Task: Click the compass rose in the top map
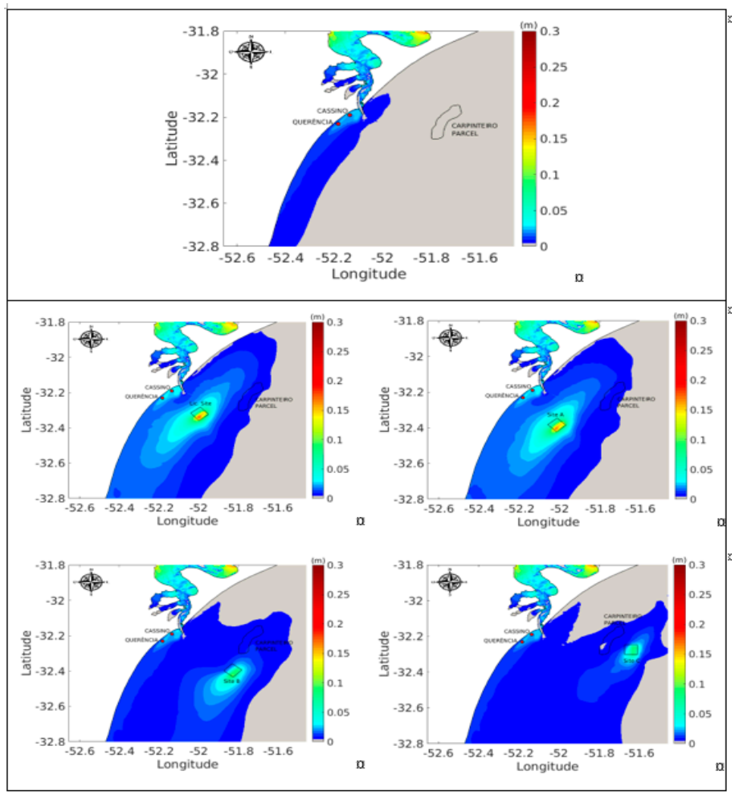point(252,51)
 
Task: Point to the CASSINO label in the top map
point(332,110)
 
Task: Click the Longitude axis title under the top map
point(369,274)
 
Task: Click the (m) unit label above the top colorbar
point(529,24)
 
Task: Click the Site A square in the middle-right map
point(557,426)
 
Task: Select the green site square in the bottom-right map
point(631,650)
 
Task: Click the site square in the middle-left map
point(199,414)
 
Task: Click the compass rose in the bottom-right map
point(451,580)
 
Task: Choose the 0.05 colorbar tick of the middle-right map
point(699,470)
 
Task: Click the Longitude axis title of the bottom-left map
point(187,764)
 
